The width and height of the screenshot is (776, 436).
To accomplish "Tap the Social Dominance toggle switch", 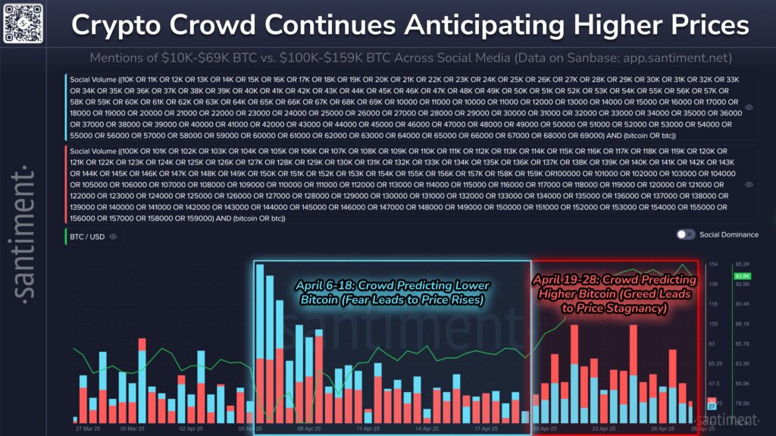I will [685, 234].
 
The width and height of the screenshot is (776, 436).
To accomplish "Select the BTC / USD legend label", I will [88, 237].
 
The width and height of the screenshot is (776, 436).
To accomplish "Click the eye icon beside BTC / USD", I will [113, 237].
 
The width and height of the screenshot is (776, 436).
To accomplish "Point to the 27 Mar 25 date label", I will [89, 428].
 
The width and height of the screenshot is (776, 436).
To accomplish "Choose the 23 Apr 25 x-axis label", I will [604, 428].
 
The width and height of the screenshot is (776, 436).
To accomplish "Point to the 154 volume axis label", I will [713, 265].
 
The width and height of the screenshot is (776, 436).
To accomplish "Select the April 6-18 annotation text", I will [391, 293].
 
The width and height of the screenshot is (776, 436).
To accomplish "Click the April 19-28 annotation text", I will [615, 293].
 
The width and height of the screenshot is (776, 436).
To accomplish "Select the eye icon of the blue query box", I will [749, 108].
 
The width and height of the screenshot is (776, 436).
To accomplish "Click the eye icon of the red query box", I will [749, 184].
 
